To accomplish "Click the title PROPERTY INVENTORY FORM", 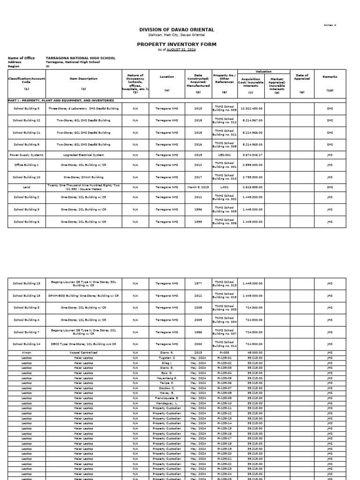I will click(170, 44).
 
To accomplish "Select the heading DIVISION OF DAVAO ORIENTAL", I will click(170, 30).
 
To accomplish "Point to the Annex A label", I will click(330, 25).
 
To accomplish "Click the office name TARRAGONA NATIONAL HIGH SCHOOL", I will click(80, 58).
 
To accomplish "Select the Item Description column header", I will click(83, 79).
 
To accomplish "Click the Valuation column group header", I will click(264, 72).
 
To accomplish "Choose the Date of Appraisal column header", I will click(302, 77).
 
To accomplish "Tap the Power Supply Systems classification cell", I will click(26, 155).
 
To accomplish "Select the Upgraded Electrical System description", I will click(83, 155).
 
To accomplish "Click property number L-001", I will click(225, 187).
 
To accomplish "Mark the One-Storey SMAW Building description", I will click(83, 177).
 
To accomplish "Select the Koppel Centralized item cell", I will click(83, 352).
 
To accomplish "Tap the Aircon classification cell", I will click(26, 352).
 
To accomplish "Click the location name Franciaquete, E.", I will click(167, 398).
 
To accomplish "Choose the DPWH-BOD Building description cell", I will click(83, 296).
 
